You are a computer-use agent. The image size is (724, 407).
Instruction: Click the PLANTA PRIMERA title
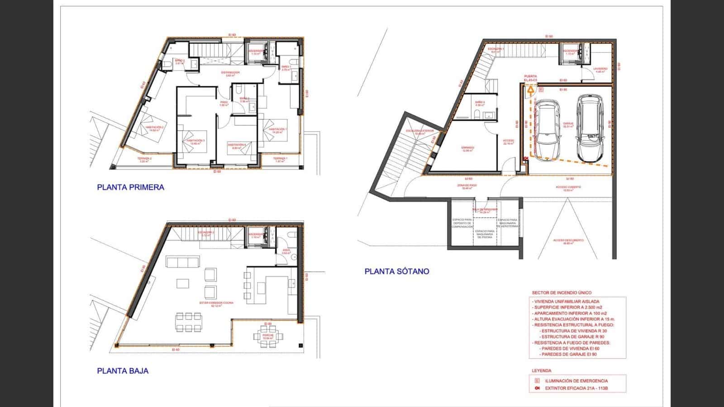click(130, 187)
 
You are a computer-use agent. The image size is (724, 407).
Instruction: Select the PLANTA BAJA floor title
click(123, 371)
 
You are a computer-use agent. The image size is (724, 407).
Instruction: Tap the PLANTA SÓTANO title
click(397, 271)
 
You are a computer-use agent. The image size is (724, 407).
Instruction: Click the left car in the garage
click(546, 128)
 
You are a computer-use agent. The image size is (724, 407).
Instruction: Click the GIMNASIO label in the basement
click(467, 147)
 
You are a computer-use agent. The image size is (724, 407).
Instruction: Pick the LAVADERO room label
click(601, 69)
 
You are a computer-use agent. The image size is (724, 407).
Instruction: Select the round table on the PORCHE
click(268, 336)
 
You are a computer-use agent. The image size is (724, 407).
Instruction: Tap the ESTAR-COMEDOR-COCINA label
click(217, 303)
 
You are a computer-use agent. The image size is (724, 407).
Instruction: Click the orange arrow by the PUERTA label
click(530, 90)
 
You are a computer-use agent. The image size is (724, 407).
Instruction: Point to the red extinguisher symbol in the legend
click(537, 388)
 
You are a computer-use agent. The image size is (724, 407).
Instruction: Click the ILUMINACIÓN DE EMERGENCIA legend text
click(576, 381)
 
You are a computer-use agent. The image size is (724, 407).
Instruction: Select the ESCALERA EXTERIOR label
click(419, 131)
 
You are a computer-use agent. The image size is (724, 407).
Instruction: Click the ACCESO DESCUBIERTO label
click(568, 241)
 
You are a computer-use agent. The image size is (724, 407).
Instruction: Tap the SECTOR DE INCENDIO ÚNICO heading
click(562, 293)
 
